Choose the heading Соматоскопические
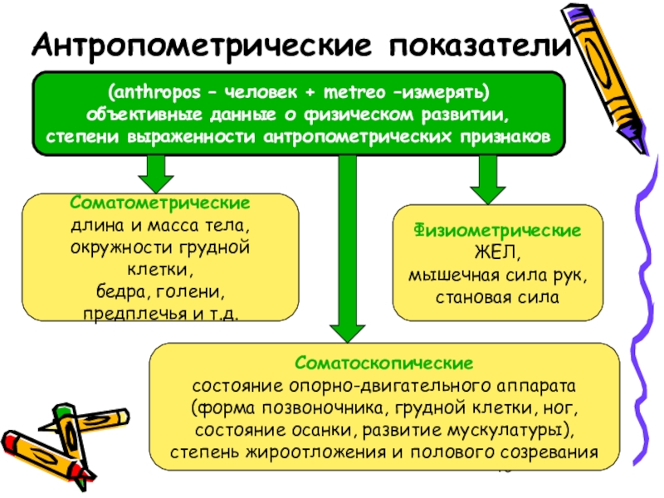coord(383,364)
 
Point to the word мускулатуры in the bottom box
coord(517,431)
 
